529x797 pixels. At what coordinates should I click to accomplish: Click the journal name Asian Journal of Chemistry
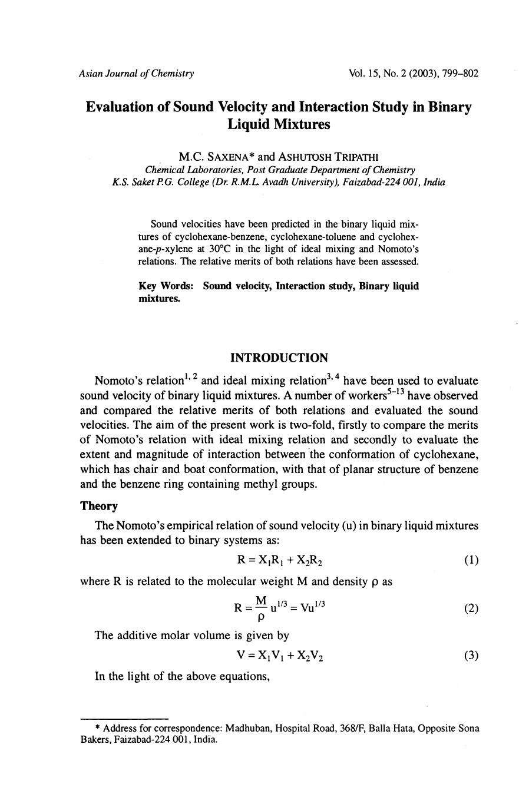tap(136, 74)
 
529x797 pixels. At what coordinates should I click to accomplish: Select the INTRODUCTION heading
tap(279, 358)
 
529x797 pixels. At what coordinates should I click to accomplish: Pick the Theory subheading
tap(99, 507)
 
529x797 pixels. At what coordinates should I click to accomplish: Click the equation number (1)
tap(471, 560)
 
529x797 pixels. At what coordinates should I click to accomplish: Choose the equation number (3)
tap(471, 656)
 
